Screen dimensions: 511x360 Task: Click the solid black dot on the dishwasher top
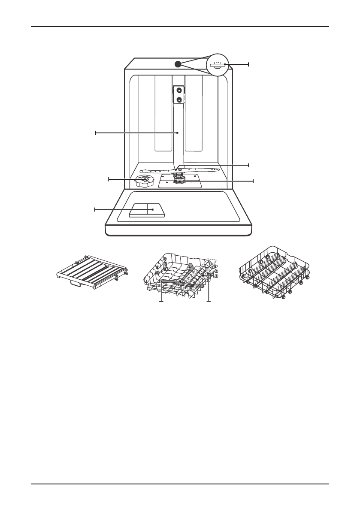(x=178, y=64)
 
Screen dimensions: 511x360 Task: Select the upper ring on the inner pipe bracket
(x=178, y=91)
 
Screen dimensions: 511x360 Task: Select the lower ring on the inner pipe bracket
(x=178, y=100)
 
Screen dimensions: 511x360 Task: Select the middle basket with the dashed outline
(x=181, y=276)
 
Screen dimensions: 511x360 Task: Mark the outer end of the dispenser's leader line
(x=95, y=209)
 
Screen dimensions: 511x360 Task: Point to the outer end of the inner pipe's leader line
(x=96, y=133)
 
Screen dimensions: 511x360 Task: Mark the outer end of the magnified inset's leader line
(x=248, y=64)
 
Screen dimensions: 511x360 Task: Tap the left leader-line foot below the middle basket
(x=161, y=301)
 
